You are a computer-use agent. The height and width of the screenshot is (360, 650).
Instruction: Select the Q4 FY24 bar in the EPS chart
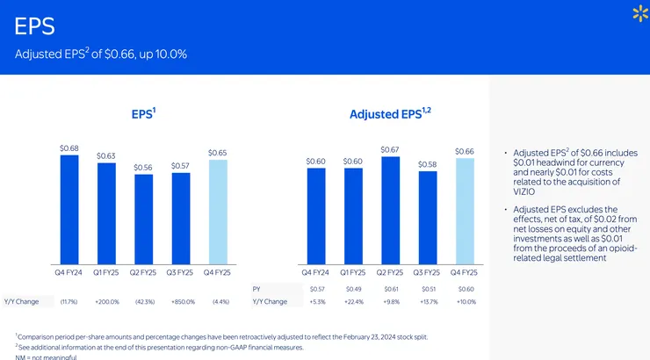69,211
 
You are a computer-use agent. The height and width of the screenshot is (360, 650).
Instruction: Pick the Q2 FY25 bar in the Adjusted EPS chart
390,211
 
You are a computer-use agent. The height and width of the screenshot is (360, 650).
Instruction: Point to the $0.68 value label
69,148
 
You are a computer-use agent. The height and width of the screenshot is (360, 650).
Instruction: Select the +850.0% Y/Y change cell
180,302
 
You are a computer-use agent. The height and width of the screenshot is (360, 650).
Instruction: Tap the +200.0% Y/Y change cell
106,302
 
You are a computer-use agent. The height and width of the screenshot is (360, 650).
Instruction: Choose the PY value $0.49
353,288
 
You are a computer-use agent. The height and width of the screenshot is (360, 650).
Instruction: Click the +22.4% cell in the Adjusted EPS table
353,302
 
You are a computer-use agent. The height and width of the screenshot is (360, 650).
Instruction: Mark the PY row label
256,288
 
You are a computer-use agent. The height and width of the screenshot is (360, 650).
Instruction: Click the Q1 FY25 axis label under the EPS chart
106,273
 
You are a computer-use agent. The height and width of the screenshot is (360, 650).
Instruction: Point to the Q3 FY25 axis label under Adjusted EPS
428,273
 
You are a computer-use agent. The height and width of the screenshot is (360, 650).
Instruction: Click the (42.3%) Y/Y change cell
143,302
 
